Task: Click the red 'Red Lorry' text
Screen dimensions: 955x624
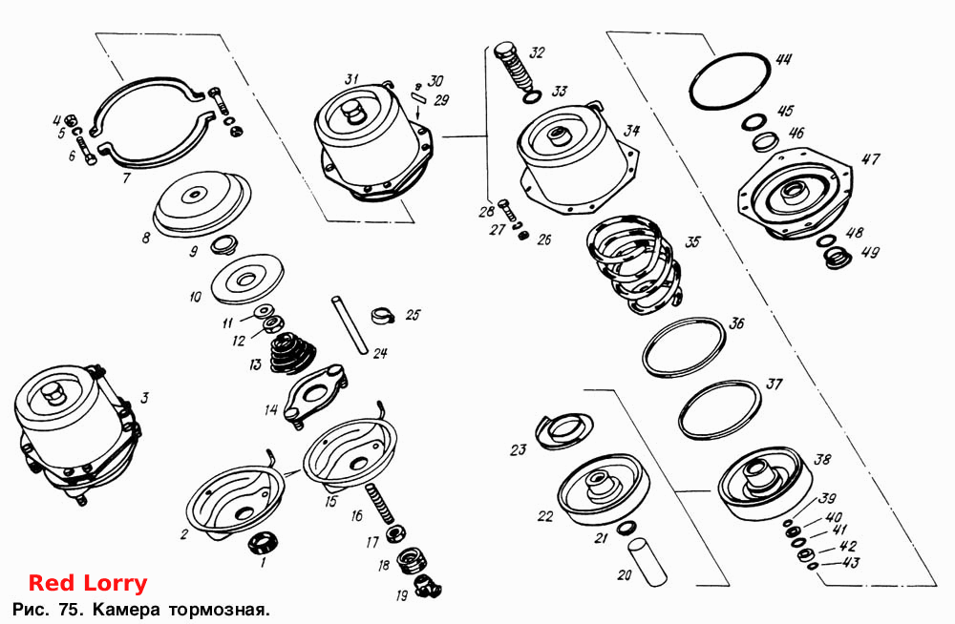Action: point(88,583)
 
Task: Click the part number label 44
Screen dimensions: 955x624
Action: point(783,59)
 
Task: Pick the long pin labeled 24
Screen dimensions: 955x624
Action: point(350,324)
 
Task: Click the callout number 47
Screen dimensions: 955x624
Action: point(870,159)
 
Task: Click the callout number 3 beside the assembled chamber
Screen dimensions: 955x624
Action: point(144,398)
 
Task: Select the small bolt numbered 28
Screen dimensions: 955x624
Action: point(507,210)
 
